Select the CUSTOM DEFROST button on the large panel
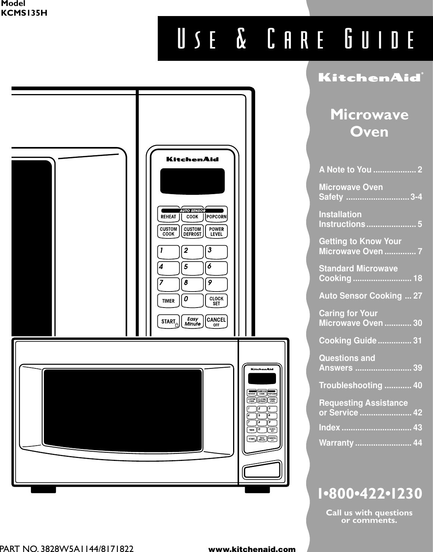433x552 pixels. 192,231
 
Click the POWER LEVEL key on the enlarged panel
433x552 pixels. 216,231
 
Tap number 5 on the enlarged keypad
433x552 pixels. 192,268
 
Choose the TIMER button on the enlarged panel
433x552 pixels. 169,301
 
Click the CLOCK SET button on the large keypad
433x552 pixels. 216,301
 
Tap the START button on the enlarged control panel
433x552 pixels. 169,321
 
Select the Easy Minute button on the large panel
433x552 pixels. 192,321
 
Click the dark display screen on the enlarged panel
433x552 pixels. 192,181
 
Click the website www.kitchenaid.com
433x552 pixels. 252,549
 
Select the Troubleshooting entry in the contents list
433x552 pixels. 370,385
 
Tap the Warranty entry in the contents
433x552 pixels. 370,443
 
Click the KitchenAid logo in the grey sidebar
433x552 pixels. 368,78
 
